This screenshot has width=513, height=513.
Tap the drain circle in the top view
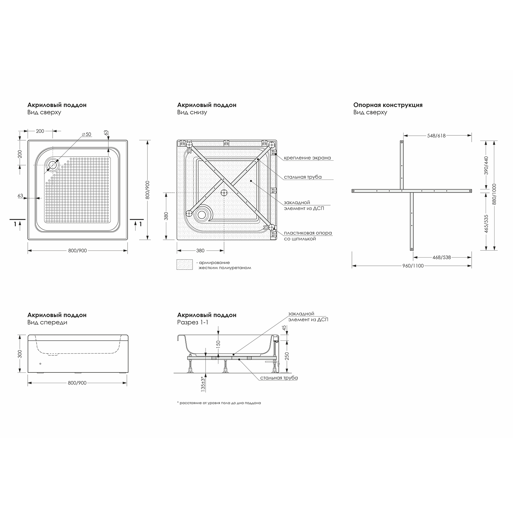(x=53, y=165)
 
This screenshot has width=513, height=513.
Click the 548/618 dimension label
(x=436, y=135)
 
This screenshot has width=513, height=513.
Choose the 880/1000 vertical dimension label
(x=494, y=194)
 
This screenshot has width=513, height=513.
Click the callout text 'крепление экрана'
(x=307, y=158)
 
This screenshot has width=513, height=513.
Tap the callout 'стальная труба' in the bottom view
(x=302, y=177)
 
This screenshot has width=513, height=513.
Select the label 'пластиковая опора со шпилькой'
(x=307, y=236)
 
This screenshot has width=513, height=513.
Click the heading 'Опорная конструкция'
(x=388, y=105)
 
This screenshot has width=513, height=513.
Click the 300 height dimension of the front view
(x=19, y=354)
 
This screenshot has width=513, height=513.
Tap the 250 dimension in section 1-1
(x=287, y=356)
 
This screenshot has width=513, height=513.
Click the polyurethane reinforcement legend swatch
(x=185, y=265)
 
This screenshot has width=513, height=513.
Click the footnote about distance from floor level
(x=219, y=403)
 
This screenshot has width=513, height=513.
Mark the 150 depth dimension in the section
(x=219, y=343)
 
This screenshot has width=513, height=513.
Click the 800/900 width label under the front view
(x=77, y=383)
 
